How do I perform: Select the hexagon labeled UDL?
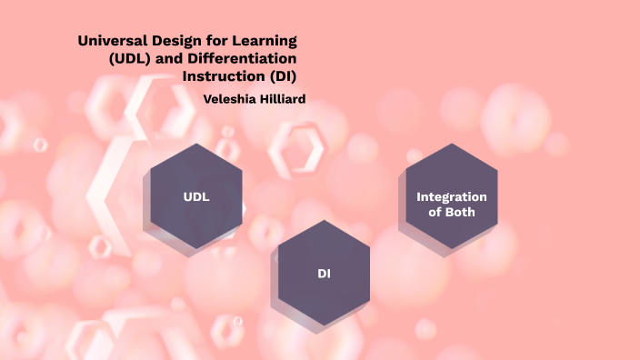point(195,196)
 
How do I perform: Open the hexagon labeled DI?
point(324,273)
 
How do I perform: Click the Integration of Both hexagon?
point(452,196)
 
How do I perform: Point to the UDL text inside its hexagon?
point(195,196)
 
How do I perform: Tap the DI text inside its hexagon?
point(324,273)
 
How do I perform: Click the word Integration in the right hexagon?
point(452,197)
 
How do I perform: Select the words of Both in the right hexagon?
point(452,213)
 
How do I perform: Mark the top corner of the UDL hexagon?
point(195,144)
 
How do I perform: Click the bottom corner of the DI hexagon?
point(324,325)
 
